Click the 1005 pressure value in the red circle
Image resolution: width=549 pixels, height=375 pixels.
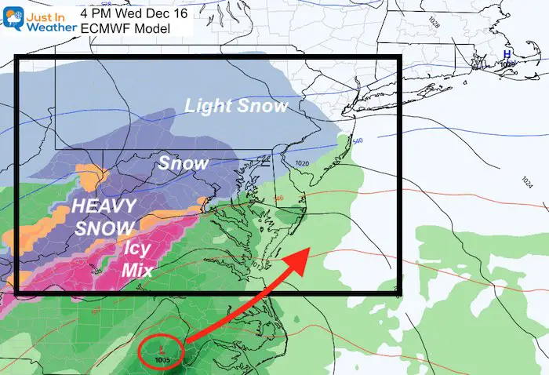click(162, 359)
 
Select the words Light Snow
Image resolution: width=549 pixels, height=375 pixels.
click(235, 106)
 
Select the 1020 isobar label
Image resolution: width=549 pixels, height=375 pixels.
click(304, 162)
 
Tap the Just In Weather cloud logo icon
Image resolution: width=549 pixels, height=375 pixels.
click(14, 18)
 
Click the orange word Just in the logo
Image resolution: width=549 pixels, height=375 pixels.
click(41, 12)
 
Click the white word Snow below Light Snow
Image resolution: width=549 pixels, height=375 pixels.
click(183, 164)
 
